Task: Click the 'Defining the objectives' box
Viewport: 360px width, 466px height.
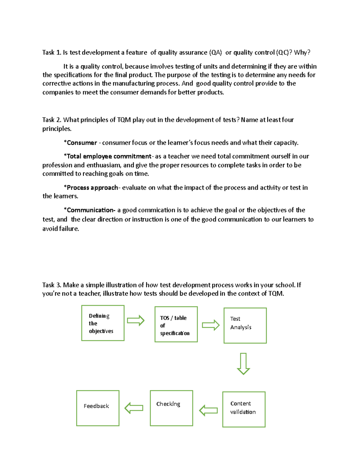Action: pos(103,323)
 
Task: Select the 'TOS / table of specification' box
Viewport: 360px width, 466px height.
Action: pos(176,324)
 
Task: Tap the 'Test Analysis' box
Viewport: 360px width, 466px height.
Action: pos(245,326)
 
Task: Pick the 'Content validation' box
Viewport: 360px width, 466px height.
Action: pos(244,409)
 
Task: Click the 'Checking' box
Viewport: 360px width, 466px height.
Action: pos(171,408)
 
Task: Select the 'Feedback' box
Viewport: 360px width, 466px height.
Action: pos(98,408)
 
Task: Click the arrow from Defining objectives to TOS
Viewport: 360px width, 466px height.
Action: pos(136,320)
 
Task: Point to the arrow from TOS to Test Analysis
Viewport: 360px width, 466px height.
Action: pos(211,325)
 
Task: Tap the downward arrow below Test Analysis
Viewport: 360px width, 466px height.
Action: pos(243,364)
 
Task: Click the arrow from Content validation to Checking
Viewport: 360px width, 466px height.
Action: pos(208,410)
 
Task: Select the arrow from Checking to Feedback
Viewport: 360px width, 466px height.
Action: pos(134,408)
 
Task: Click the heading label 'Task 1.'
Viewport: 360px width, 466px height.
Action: pos(52,53)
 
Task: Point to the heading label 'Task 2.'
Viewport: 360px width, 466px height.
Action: pos(52,120)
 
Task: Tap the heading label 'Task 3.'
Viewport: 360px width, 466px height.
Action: pos(52,285)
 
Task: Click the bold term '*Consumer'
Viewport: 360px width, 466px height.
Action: pos(80,143)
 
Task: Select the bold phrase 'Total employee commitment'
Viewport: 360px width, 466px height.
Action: pos(109,156)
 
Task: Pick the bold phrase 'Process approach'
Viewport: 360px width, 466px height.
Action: pos(92,188)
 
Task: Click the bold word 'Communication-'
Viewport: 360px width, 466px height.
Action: pos(91,210)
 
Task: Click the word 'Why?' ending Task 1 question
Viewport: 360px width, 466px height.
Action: pos(302,53)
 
